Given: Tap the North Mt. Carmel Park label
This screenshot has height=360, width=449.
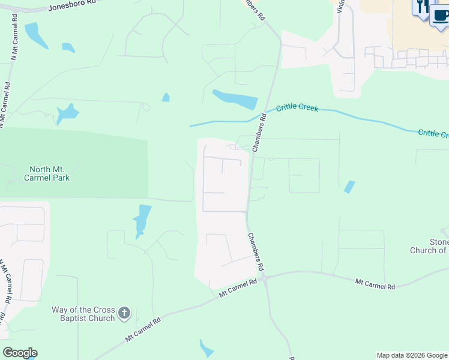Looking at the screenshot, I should [x=46, y=173].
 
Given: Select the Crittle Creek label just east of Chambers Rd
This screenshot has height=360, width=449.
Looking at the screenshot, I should [x=297, y=109].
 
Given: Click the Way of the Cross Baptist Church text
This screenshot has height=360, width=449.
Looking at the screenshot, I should [x=83, y=314].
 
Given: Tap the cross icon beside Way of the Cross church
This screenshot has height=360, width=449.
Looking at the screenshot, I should [x=124, y=313].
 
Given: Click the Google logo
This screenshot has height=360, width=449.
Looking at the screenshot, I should [x=20, y=353].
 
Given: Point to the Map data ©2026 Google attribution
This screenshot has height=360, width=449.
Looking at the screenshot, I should [x=412, y=355].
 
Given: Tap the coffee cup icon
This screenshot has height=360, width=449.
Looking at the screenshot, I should [x=439, y=15].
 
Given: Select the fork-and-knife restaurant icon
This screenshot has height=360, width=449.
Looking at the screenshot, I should [x=421, y=7].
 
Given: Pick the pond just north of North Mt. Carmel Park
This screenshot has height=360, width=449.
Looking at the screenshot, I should [x=67, y=113].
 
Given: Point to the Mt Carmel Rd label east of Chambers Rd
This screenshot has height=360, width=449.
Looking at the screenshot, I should [x=375, y=283].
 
